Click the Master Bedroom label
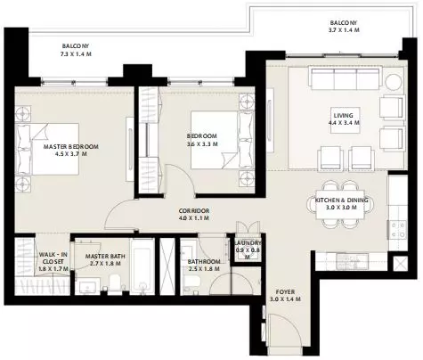[71, 147]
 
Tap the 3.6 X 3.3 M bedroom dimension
[202, 144]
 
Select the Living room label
[344, 116]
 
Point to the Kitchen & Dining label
[341, 200]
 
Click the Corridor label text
[194, 211]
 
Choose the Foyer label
[285, 292]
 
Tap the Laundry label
[248, 243]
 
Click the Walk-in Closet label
[53, 258]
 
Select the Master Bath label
[105, 257]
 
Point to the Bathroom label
[204, 262]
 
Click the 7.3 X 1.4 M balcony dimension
[76, 54]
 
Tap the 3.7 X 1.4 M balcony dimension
[344, 30]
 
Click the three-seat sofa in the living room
[345, 78]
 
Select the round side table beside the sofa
[395, 81]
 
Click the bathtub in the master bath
[142, 266]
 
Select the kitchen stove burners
[398, 230]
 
